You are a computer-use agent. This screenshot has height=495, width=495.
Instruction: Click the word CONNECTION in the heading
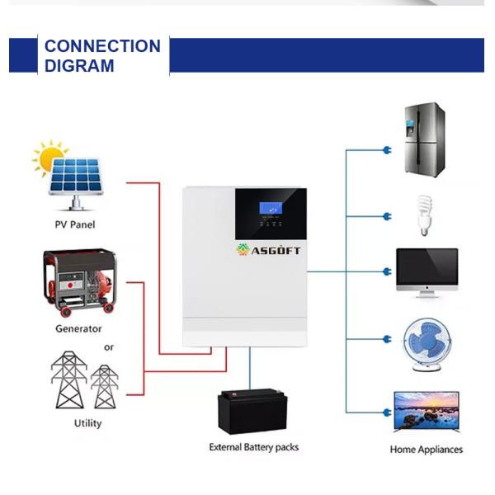[x=102, y=46]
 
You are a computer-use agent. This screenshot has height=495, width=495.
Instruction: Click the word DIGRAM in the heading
[x=79, y=66]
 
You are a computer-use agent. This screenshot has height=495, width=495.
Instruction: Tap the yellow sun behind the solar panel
[x=49, y=155]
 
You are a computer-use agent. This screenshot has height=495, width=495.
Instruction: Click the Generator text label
[x=78, y=328]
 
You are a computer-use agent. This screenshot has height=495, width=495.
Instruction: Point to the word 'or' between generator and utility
[x=109, y=347]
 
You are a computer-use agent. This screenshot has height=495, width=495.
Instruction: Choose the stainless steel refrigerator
[x=425, y=139]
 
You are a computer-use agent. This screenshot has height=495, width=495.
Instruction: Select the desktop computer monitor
[x=427, y=270]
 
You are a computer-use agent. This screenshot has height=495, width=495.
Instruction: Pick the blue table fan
[x=426, y=340]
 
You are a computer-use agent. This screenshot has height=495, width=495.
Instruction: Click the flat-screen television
[x=426, y=411]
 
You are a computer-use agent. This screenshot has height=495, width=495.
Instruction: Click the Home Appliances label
[x=426, y=450]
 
